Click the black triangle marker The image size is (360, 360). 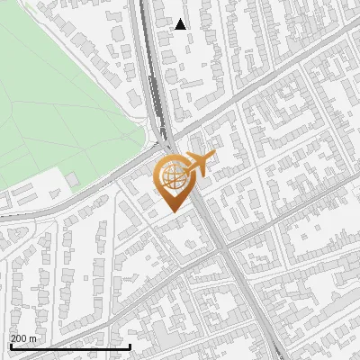tap(181, 24)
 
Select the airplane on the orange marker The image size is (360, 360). tap(200, 163)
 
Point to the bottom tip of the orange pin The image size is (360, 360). tap(174, 211)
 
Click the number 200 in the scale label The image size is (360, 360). tap(19, 338)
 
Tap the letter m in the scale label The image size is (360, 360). tap(34, 338)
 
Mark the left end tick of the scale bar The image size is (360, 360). tap(9, 346)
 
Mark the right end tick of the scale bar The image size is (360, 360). tap(130, 346)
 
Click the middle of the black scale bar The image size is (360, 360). tap(69, 347)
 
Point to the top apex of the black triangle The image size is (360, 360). tap(181, 19)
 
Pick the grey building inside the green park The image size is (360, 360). tap(72, 180)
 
